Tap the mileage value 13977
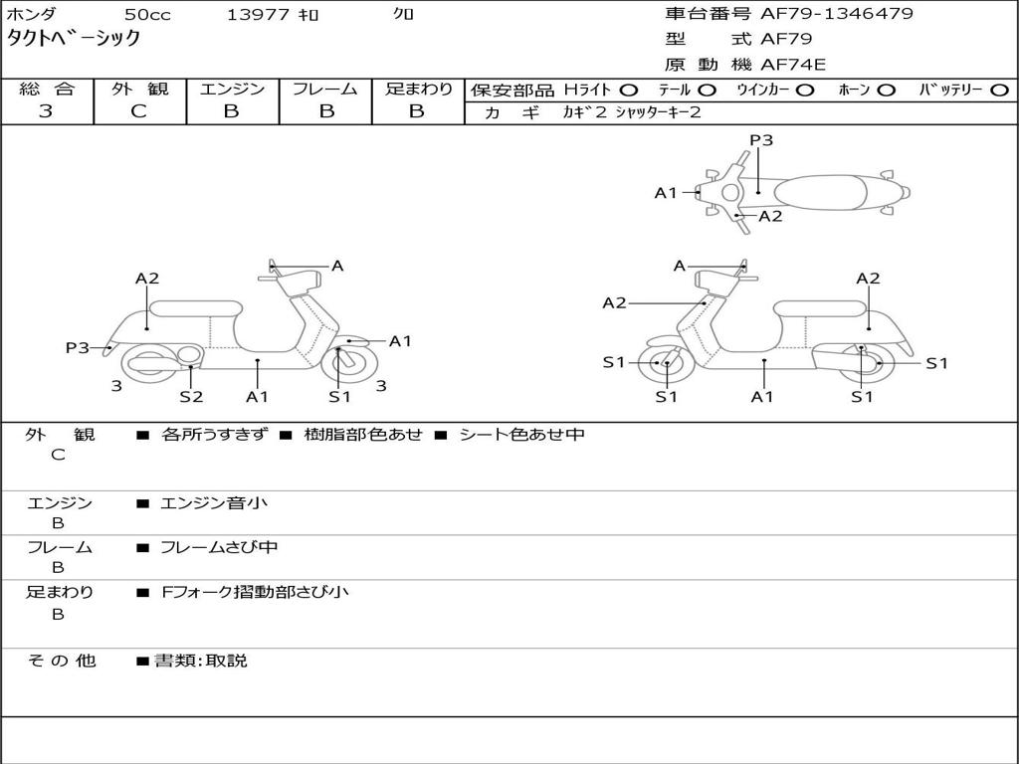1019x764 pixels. (x=258, y=15)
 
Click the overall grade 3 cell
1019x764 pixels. (x=46, y=111)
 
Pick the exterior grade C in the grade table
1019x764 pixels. (x=138, y=111)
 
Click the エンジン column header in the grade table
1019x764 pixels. (x=232, y=90)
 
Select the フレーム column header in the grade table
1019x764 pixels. (x=324, y=90)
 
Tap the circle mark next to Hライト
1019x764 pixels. (x=629, y=91)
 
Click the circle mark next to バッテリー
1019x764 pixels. (x=1000, y=91)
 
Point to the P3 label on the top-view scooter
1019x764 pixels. (x=761, y=140)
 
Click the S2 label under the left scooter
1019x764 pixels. (x=191, y=397)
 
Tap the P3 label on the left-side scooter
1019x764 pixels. (x=78, y=347)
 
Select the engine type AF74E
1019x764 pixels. (x=793, y=65)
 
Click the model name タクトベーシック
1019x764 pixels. (x=74, y=39)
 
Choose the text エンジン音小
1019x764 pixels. (x=214, y=503)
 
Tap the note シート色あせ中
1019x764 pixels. (x=521, y=435)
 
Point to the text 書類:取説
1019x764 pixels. (x=200, y=661)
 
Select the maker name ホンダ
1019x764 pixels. (x=32, y=15)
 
